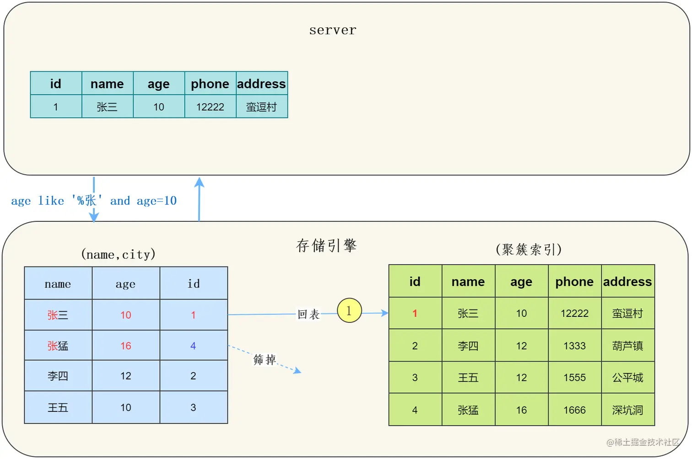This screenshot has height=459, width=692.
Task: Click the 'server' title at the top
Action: (333, 30)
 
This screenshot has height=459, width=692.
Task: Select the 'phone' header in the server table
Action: (210, 84)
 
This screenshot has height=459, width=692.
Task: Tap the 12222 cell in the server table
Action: (210, 107)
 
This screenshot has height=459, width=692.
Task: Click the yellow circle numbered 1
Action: (349, 310)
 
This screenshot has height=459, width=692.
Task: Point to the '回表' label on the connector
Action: (308, 315)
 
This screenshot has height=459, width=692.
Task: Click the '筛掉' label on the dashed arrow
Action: (265, 359)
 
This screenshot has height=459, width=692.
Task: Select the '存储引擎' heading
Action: (326, 246)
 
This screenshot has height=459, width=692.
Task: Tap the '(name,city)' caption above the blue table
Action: (118, 254)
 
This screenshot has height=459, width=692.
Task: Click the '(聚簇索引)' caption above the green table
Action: (529, 249)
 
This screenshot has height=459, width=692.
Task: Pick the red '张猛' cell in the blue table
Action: (58, 346)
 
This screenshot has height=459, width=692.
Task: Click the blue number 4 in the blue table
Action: (193, 346)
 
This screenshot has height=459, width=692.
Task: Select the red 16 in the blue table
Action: (126, 346)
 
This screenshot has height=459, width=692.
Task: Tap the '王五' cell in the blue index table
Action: (58, 407)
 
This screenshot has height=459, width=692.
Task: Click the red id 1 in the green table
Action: (415, 314)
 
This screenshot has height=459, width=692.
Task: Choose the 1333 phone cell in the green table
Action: (574, 346)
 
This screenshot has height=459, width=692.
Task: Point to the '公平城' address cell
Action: (627, 378)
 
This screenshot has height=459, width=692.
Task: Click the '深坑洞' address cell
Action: (627, 410)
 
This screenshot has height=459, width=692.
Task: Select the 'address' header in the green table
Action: (627, 282)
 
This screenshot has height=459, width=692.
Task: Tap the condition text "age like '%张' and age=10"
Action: (94, 201)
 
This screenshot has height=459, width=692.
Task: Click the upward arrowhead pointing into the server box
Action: (199, 182)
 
